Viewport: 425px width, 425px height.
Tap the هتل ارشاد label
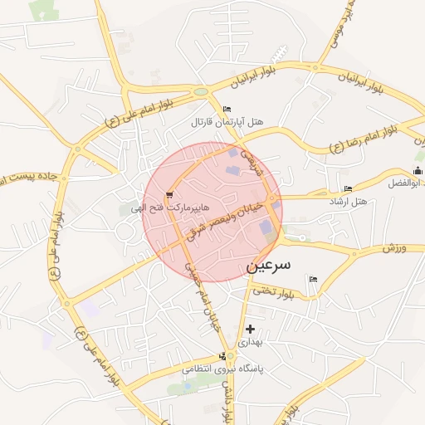click(348, 202)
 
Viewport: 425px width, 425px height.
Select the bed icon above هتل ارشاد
click(347, 188)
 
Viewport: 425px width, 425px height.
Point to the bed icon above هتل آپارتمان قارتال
click(227, 110)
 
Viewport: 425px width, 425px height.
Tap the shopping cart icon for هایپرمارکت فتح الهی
click(170, 196)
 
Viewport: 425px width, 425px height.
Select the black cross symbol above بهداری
click(250, 329)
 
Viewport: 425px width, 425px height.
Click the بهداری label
click(250, 341)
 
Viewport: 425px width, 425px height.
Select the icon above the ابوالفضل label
click(418, 170)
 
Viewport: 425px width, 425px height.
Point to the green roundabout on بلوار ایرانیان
click(200, 92)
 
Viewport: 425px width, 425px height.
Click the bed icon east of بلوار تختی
click(313, 279)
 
